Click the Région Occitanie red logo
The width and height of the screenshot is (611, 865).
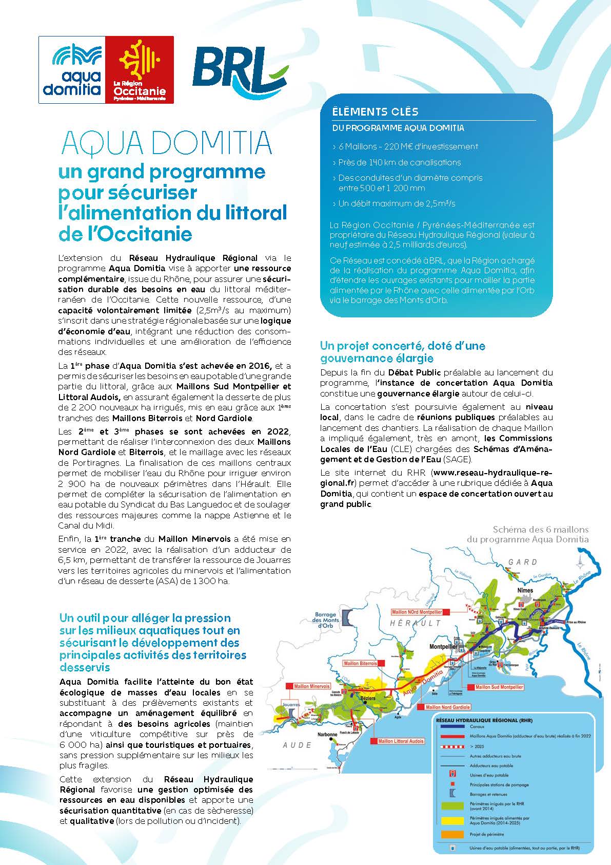(x=139, y=69)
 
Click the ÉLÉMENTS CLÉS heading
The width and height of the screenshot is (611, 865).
(x=375, y=111)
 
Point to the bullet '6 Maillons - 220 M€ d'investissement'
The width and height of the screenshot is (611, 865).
(x=408, y=146)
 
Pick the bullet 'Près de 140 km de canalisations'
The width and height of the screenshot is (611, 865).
(x=400, y=162)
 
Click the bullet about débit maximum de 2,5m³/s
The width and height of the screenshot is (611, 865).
(x=397, y=203)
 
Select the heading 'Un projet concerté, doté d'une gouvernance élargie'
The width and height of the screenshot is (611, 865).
(x=402, y=351)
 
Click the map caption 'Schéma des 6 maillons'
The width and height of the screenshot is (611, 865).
(x=540, y=529)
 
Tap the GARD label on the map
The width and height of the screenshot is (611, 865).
(x=523, y=562)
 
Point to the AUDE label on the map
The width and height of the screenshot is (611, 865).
(x=297, y=745)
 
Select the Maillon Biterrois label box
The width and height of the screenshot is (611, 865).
(x=360, y=664)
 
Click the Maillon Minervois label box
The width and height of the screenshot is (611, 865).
(x=311, y=686)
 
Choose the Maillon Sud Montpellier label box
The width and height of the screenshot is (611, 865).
(x=499, y=687)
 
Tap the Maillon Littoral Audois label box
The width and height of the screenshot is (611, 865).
(x=401, y=741)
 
